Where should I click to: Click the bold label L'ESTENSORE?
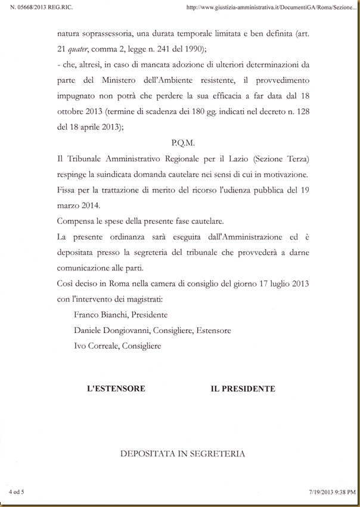click(x=116, y=388)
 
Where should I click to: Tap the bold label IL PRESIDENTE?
click(x=243, y=388)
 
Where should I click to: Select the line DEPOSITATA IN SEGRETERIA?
click(x=182, y=454)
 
